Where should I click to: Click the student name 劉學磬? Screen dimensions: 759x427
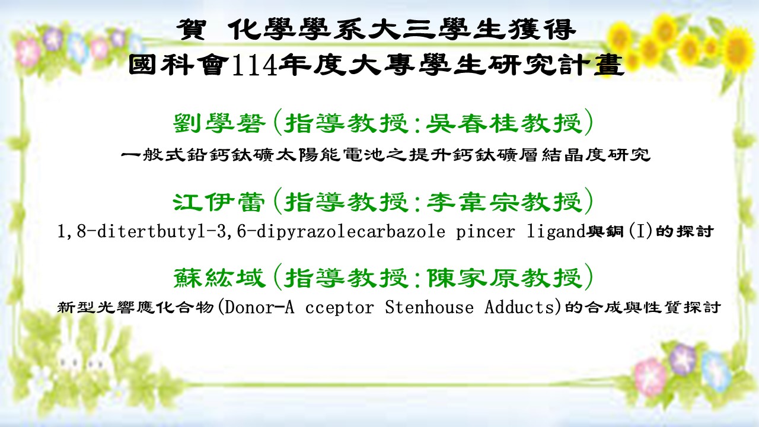tap(219, 123)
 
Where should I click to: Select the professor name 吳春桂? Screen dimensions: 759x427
tap(472, 123)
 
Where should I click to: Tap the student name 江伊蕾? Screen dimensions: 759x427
tap(219, 202)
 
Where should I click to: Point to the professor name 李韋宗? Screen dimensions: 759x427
tap(472, 202)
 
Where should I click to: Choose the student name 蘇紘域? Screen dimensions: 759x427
tap(219, 278)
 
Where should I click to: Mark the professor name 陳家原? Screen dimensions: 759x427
tap(473, 278)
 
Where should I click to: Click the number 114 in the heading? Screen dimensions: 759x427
tap(254, 65)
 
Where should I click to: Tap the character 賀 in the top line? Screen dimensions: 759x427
tap(191, 30)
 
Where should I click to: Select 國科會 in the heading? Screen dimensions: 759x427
tap(178, 65)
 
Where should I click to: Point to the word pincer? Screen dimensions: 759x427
tap(485, 232)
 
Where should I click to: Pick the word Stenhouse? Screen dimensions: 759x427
tap(429, 308)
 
